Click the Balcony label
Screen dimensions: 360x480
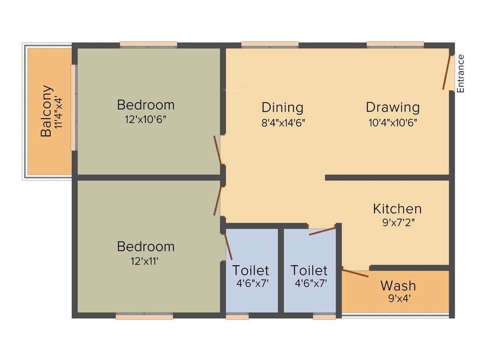tap(46, 111)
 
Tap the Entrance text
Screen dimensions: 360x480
tap(461, 74)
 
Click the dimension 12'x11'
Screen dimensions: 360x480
tap(145, 261)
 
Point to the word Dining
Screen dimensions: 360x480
tap(282, 107)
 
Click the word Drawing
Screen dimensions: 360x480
tap(393, 107)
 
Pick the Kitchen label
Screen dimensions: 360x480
tap(397, 209)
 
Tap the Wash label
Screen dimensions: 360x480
tap(398, 285)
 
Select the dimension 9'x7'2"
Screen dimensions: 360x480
tap(398, 223)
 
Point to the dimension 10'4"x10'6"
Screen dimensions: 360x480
tap(393, 123)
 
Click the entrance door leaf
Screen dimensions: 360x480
tap(448, 73)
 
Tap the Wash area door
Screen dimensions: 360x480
tap(355, 272)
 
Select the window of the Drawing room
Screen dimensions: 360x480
tap(395, 45)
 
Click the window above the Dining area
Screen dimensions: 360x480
tap(270, 45)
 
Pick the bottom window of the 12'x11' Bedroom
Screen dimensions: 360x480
tap(144, 317)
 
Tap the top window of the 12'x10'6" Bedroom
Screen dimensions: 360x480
tap(149, 45)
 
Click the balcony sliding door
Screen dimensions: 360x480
tap(74, 107)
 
